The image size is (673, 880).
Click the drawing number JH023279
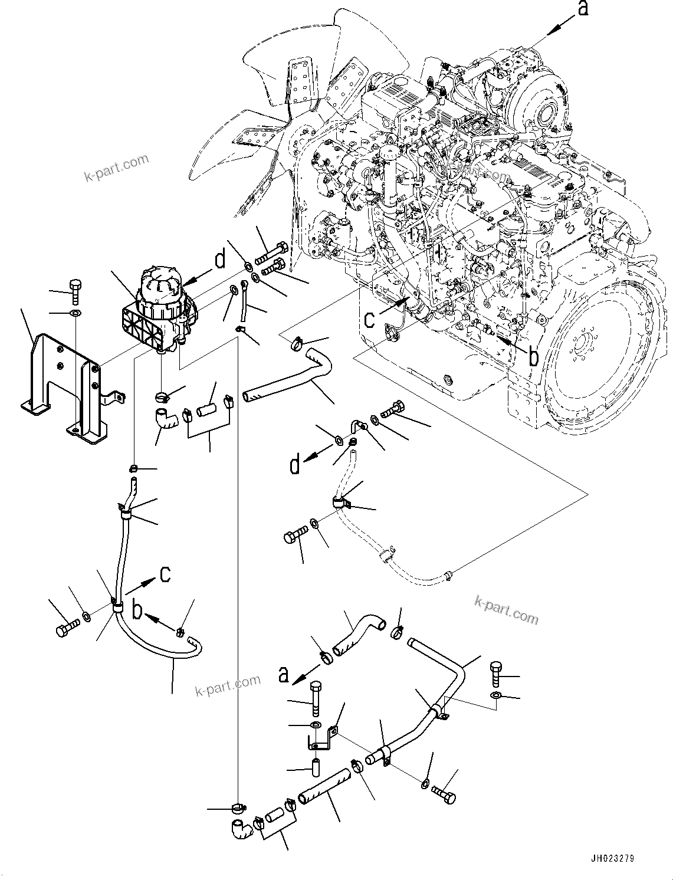click(x=610, y=859)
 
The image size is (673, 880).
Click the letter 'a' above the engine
click(x=582, y=9)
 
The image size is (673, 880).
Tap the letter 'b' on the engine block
click(x=533, y=356)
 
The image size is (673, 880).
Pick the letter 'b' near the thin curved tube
click(x=137, y=610)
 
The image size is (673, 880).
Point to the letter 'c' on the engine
click(x=369, y=319)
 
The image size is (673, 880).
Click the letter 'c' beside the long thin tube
click(x=166, y=573)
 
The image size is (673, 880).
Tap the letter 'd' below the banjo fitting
click(x=294, y=465)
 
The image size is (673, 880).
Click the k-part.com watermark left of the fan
click(x=116, y=168)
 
